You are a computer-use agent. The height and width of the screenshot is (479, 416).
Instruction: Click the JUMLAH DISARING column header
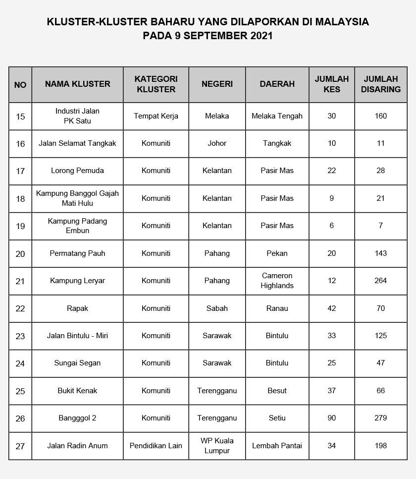pyautogui.click(x=380, y=84)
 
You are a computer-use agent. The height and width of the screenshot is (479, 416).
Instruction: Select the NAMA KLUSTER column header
pyautogui.click(x=77, y=84)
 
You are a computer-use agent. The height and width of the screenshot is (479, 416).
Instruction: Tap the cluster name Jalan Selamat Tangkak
pyautogui.click(x=77, y=143)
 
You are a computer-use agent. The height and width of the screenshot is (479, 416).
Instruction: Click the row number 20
pyautogui.click(x=20, y=254)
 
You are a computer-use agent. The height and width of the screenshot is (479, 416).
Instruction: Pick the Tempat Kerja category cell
pyautogui.click(x=156, y=116)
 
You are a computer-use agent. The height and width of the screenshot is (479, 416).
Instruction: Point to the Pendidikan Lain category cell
pyautogui.click(x=156, y=446)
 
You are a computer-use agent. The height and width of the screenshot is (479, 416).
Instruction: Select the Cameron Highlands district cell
pyautogui.click(x=277, y=281)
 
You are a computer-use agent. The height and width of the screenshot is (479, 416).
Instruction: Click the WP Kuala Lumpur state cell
pyautogui.click(x=217, y=445)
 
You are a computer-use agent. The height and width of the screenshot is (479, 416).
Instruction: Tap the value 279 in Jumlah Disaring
pyautogui.click(x=380, y=418)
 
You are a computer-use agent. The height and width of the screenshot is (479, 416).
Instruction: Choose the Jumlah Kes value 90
pyautogui.click(x=331, y=418)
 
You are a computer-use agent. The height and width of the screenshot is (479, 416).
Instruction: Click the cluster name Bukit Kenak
pyautogui.click(x=77, y=391)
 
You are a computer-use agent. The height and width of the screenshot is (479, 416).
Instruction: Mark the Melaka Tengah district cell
pyautogui.click(x=277, y=116)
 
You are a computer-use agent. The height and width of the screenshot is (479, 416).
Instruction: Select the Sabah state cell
pyautogui.click(x=217, y=308)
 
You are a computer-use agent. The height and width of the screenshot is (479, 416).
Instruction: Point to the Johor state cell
pyautogui.click(x=217, y=143)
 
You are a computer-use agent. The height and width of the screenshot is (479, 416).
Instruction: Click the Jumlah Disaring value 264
pyautogui.click(x=380, y=281)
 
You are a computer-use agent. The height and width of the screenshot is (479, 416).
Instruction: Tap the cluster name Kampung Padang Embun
pyautogui.click(x=77, y=226)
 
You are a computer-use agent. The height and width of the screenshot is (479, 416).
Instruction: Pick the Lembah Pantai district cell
pyautogui.click(x=277, y=446)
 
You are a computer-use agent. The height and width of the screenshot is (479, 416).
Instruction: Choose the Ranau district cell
pyautogui.click(x=277, y=308)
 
